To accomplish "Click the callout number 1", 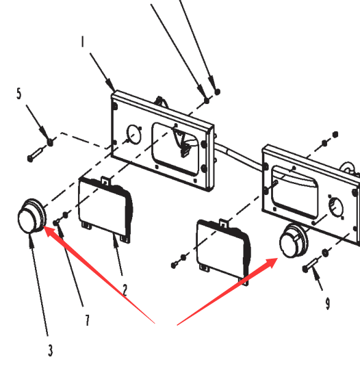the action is coord(83,41).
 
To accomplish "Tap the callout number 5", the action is coord(19,93).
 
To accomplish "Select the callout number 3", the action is coord(50,350).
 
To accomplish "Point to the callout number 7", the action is coord(87,320).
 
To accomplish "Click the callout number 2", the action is coord(125,290).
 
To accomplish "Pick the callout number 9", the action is coord(328,303).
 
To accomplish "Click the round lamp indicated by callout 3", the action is coord(31,216).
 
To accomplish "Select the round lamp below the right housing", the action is coord(294,241).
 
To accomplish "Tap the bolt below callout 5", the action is coord(36,154).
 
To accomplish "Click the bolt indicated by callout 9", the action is coord(311,265).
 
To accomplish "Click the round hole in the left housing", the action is coord(134,135).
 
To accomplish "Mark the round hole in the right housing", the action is coord(336,207).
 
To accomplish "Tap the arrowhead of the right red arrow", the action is coord(271,262).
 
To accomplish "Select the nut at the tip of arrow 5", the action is coord(50,142).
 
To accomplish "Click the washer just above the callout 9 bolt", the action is coord(325,252).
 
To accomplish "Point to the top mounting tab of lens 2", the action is coord(105,181).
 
